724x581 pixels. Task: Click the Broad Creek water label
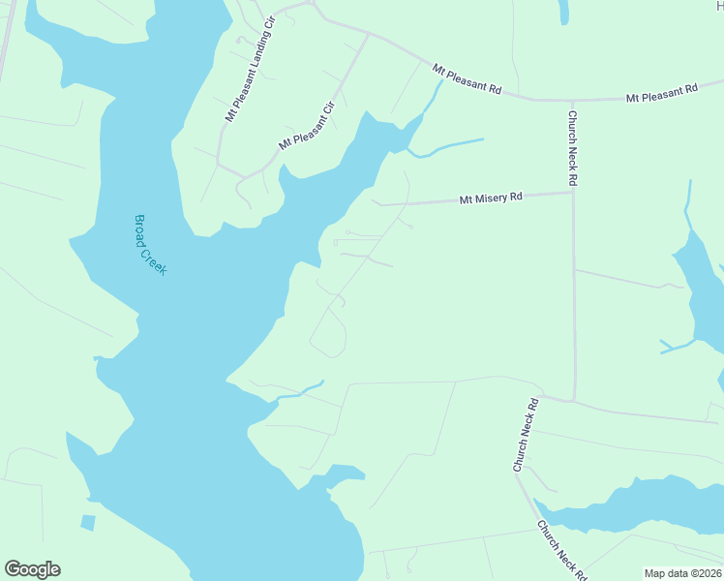(150, 245)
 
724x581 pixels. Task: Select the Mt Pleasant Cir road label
(305, 126)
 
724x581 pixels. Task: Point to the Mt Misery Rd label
(491, 198)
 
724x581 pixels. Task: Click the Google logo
(32, 569)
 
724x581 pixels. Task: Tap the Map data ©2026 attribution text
(683, 573)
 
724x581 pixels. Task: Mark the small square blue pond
(88, 523)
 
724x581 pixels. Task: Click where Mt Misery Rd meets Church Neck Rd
(573, 192)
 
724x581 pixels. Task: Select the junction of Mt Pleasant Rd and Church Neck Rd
(571, 100)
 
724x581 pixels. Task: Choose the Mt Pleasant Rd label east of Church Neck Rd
(662, 93)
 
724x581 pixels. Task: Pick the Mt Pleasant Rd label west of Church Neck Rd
(467, 78)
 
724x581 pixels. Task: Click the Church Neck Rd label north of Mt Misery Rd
(573, 148)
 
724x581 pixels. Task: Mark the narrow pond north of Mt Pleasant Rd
(563, 12)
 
